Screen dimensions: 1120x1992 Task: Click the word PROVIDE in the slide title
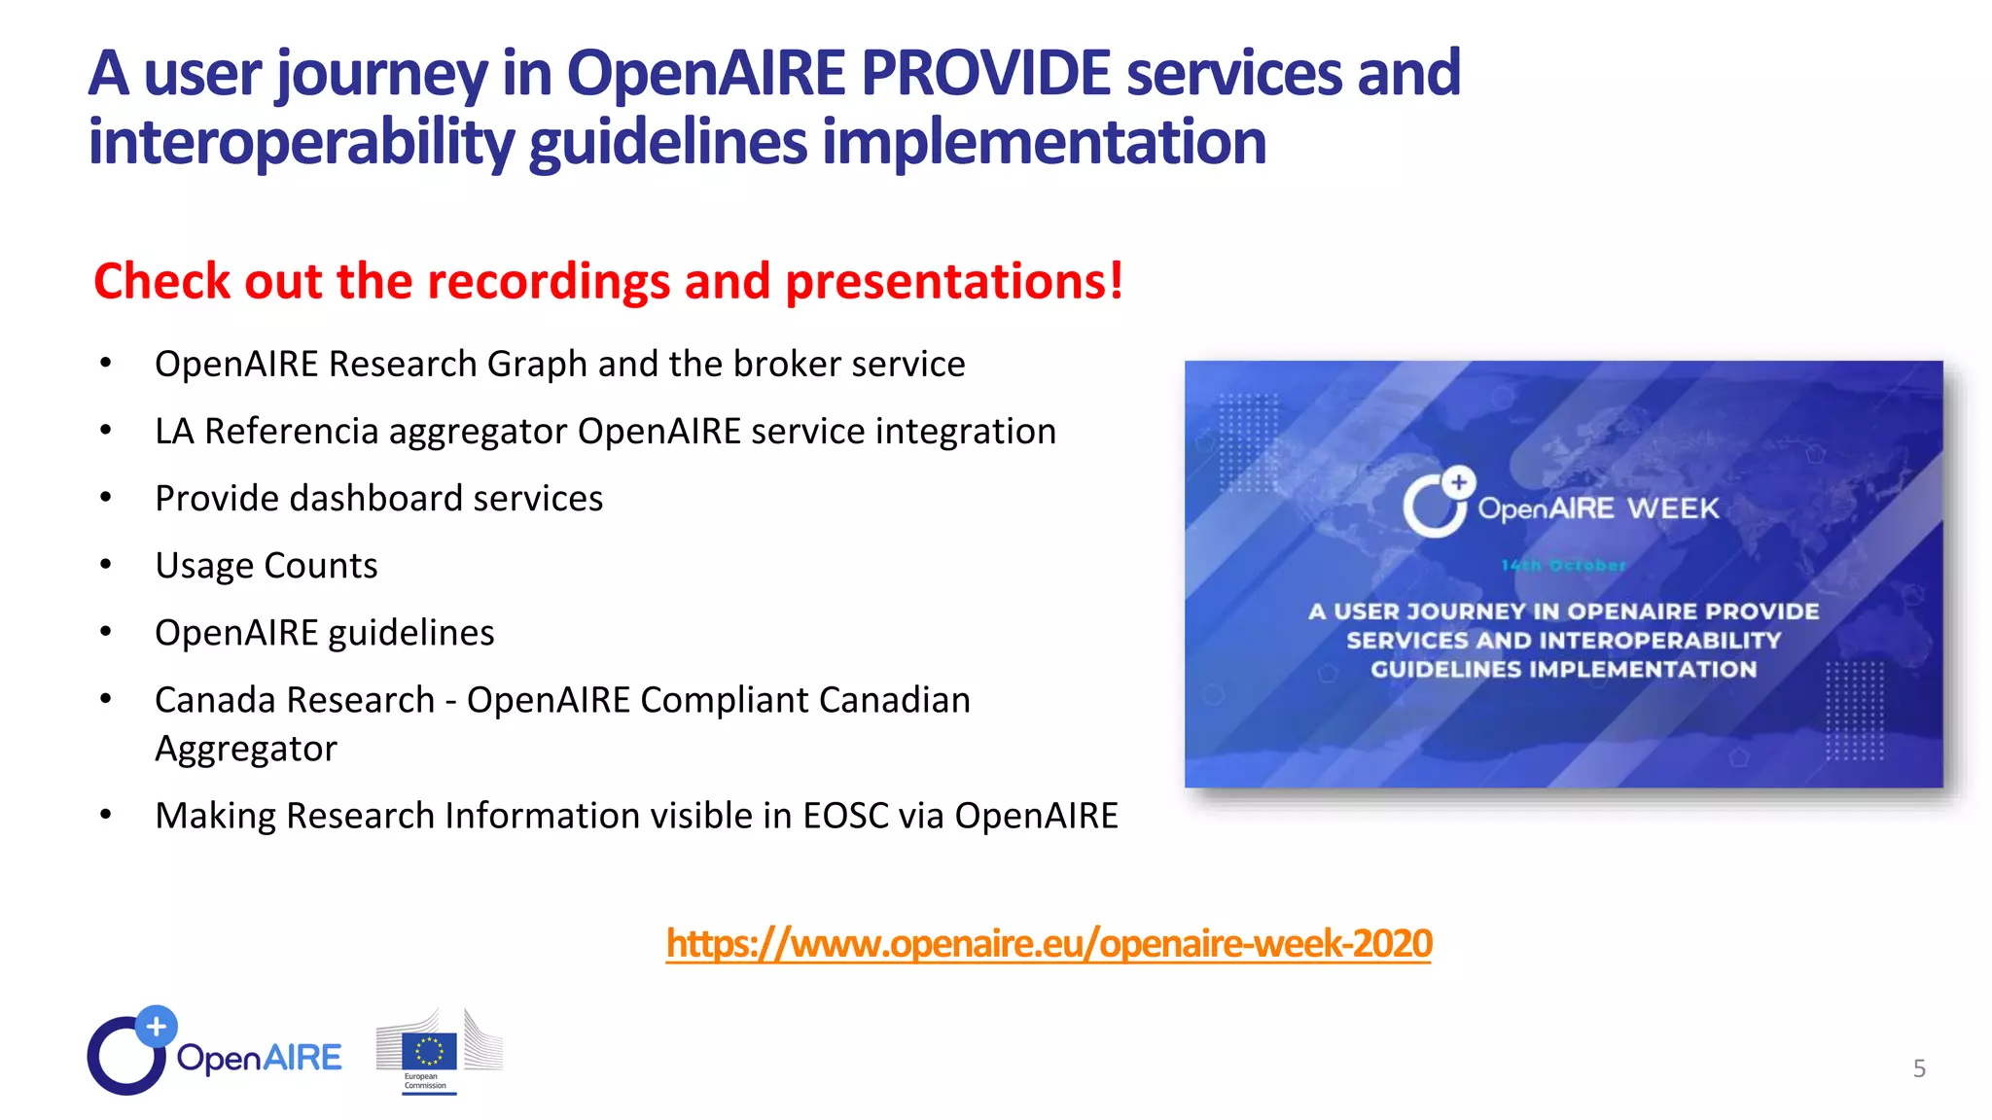point(984,74)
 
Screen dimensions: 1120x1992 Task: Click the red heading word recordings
point(549,282)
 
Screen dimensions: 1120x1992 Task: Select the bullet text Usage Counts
point(266,566)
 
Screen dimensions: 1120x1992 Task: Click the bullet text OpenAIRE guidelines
point(324,633)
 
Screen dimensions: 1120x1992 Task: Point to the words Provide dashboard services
point(378,499)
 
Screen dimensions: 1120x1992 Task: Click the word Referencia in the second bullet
point(291,432)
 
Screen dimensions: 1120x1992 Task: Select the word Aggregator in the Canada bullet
point(245,749)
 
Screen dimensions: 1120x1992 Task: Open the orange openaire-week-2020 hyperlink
point(1049,944)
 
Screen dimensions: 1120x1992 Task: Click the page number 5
point(1918,1068)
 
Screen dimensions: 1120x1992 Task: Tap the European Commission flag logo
point(429,1051)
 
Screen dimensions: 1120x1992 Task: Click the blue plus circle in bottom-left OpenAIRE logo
point(156,1026)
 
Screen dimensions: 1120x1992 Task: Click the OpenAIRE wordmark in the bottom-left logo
point(259,1058)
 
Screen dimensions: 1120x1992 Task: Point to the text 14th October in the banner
point(1563,565)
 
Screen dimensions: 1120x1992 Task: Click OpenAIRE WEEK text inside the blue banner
point(1598,508)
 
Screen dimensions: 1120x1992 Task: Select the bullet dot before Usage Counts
point(106,565)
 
